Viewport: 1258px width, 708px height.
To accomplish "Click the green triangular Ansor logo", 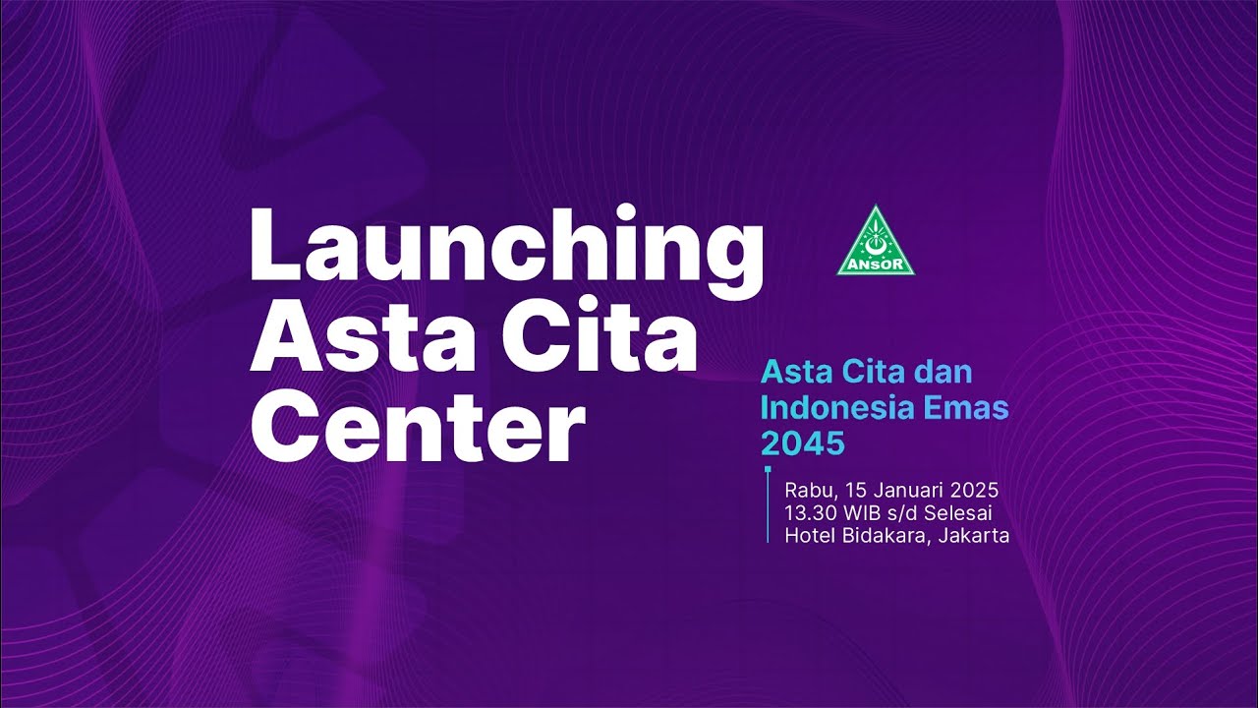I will click(x=876, y=242).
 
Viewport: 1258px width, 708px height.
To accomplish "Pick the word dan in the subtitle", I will click(x=943, y=373).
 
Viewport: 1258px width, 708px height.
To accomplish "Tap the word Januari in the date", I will click(x=903, y=490).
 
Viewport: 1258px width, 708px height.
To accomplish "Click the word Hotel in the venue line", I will click(x=806, y=536).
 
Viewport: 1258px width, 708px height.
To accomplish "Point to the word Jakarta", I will click(x=973, y=536).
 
